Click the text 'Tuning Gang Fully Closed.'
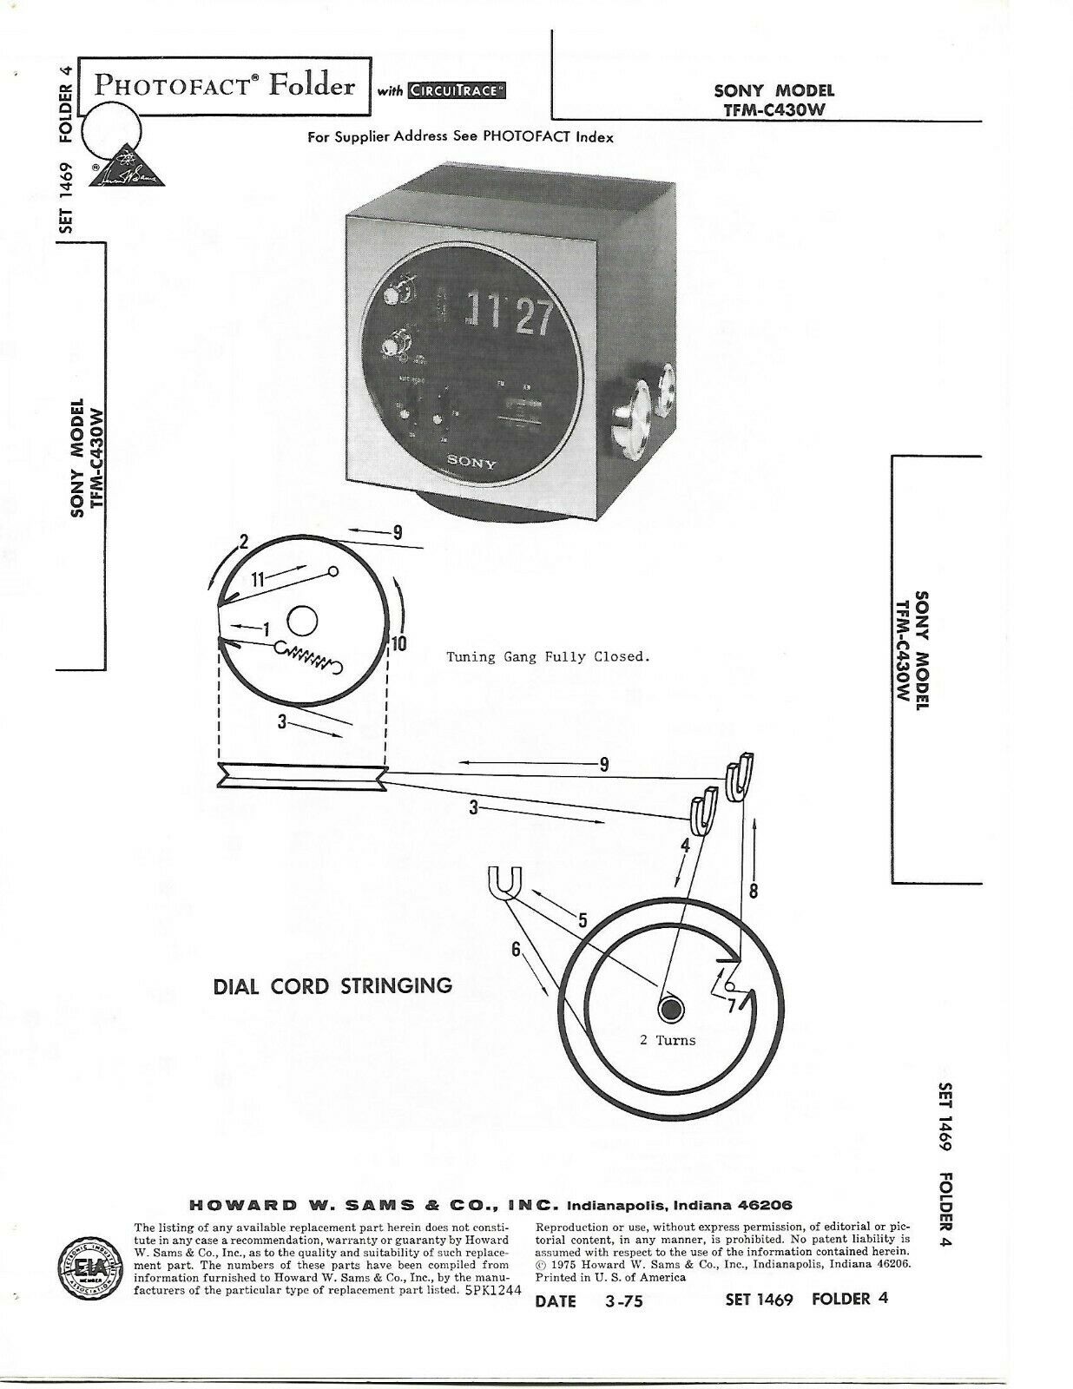[548, 656]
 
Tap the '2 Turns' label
[668, 1039]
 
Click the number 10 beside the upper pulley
[399, 643]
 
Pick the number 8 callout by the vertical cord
[753, 890]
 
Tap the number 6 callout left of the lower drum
[516, 950]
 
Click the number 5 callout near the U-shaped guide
[582, 920]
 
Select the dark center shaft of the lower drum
[669, 1010]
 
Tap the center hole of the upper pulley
[301, 622]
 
